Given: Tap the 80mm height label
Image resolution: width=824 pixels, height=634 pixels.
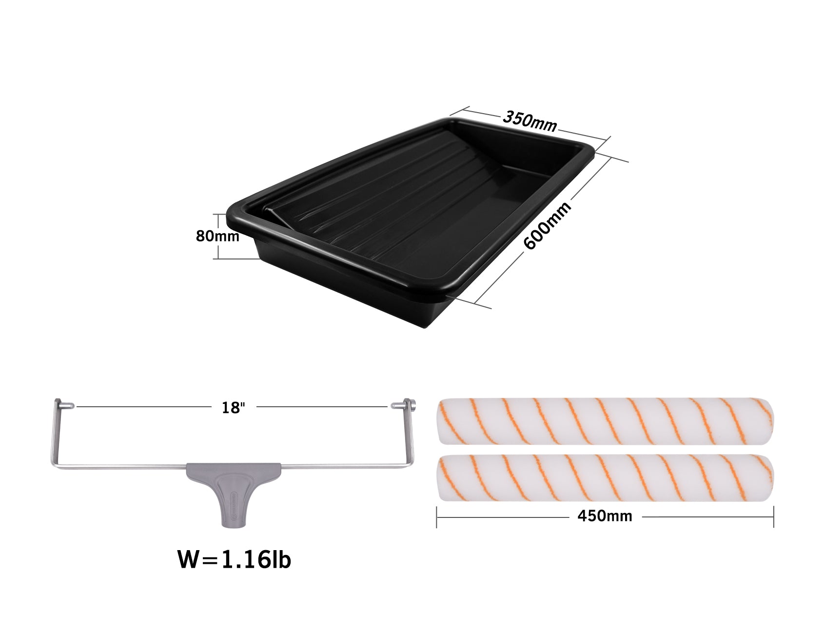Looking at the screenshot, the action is point(217,236).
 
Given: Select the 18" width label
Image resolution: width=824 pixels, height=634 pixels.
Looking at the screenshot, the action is point(233,408).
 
